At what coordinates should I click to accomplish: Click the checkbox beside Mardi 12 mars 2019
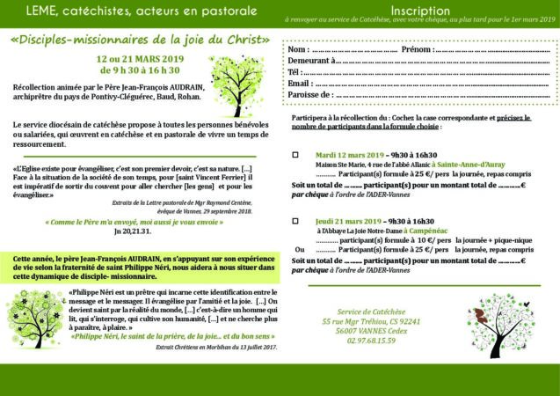295,152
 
